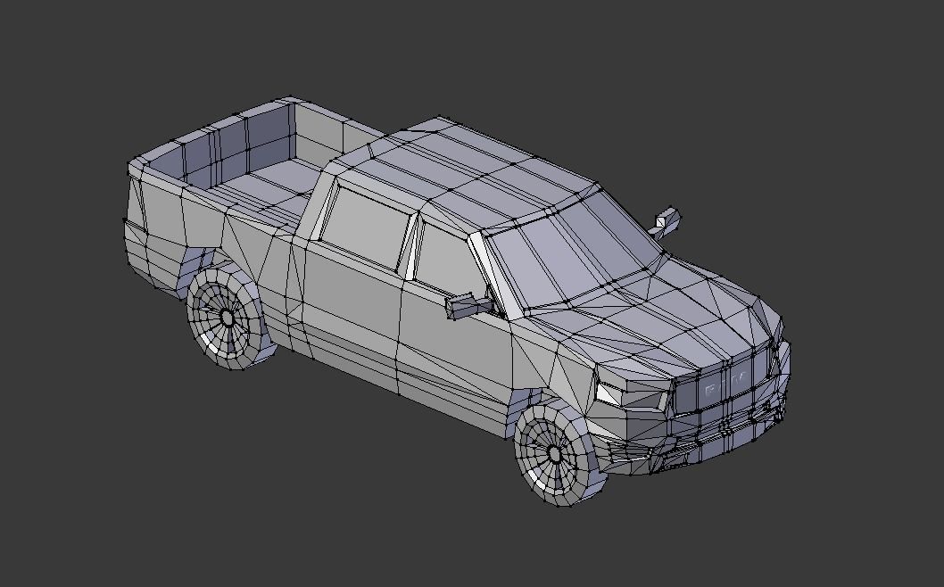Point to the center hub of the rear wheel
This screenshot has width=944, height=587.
click(x=227, y=318)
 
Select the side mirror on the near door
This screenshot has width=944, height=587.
click(x=466, y=306)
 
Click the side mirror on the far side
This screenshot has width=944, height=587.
click(x=667, y=219)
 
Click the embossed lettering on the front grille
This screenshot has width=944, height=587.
click(x=725, y=385)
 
